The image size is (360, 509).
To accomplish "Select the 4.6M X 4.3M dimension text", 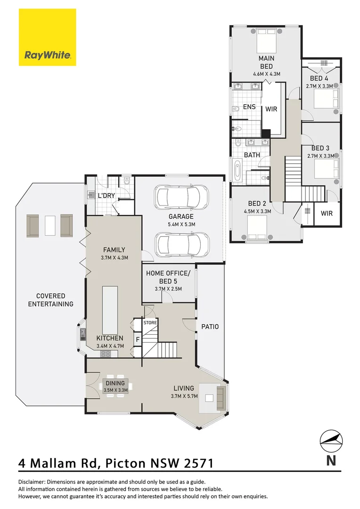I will [x=266, y=74].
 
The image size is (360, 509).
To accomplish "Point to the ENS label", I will [x=249, y=107].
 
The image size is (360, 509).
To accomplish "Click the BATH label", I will [x=252, y=155].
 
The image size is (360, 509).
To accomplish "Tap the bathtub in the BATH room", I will [x=237, y=170].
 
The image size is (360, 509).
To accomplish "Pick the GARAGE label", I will [x=181, y=216].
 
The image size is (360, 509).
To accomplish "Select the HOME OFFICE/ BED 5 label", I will [x=168, y=277].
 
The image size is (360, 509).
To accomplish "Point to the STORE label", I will [x=150, y=323].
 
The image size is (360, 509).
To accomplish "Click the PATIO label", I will [x=210, y=326].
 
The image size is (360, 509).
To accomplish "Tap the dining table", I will [x=115, y=386].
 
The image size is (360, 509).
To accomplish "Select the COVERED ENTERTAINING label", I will [x=51, y=300].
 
